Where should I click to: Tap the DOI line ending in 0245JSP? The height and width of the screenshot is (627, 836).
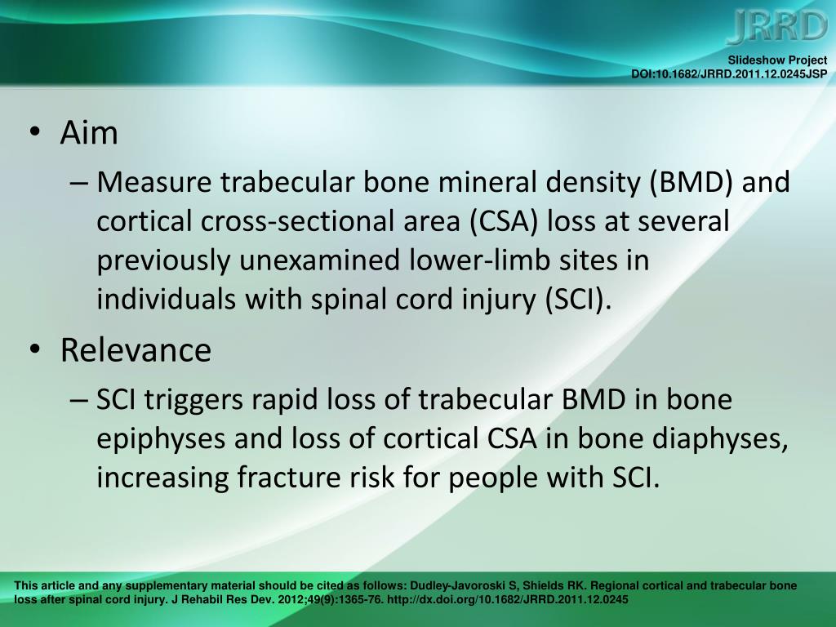click(x=729, y=73)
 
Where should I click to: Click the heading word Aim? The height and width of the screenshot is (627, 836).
click(x=89, y=133)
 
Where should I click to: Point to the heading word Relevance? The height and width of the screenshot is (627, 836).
click(x=136, y=350)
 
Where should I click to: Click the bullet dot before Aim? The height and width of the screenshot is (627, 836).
click(x=33, y=135)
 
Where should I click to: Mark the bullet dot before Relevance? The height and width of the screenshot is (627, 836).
click(x=33, y=351)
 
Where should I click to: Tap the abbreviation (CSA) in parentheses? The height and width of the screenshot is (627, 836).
click(x=496, y=221)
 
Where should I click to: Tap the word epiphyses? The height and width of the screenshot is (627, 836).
click(x=160, y=438)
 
